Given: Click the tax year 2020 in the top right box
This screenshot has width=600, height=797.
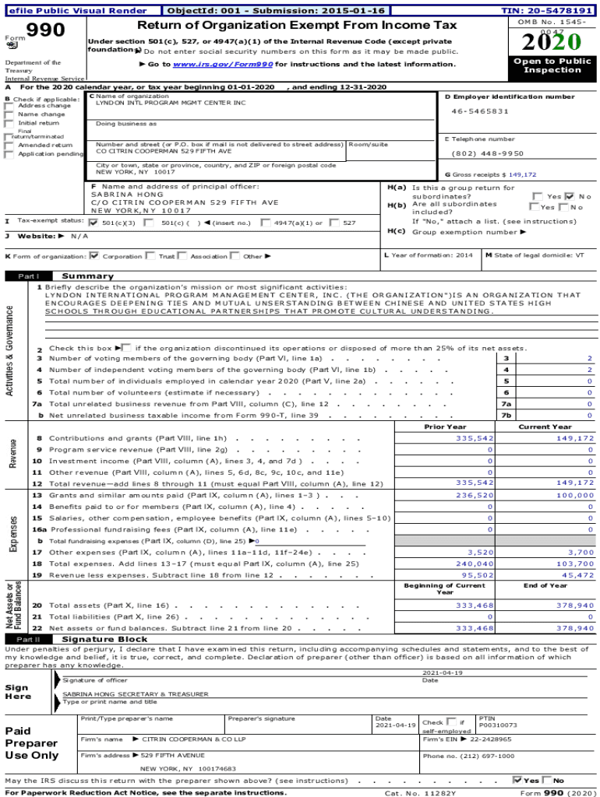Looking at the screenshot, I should point(552,41).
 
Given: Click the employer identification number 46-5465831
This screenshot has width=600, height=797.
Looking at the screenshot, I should point(481,111).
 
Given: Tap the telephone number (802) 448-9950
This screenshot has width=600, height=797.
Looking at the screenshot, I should point(488,153).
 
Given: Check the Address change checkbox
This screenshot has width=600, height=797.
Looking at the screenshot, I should point(9,106).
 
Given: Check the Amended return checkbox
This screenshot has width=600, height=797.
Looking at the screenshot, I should point(9,145).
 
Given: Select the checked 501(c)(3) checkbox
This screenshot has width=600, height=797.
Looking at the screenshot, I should point(94,223).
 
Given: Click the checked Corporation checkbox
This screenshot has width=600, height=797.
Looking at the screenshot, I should point(94,255).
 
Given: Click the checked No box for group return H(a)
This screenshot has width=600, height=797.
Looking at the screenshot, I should point(569,196).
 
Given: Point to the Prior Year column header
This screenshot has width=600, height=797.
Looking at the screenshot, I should point(445,427).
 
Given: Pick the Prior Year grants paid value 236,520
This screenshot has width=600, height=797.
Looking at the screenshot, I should point(474,495).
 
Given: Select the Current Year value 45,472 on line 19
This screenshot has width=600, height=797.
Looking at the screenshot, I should point(577,575).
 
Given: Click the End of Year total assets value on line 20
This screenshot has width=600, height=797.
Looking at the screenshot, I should point(574,605).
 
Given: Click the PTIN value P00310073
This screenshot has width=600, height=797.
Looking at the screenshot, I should point(497,725).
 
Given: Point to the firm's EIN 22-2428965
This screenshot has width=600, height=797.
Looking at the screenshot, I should point(490,739).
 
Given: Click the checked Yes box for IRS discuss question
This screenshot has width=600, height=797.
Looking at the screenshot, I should point(517,780).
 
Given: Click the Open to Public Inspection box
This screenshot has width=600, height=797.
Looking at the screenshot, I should point(552,65).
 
